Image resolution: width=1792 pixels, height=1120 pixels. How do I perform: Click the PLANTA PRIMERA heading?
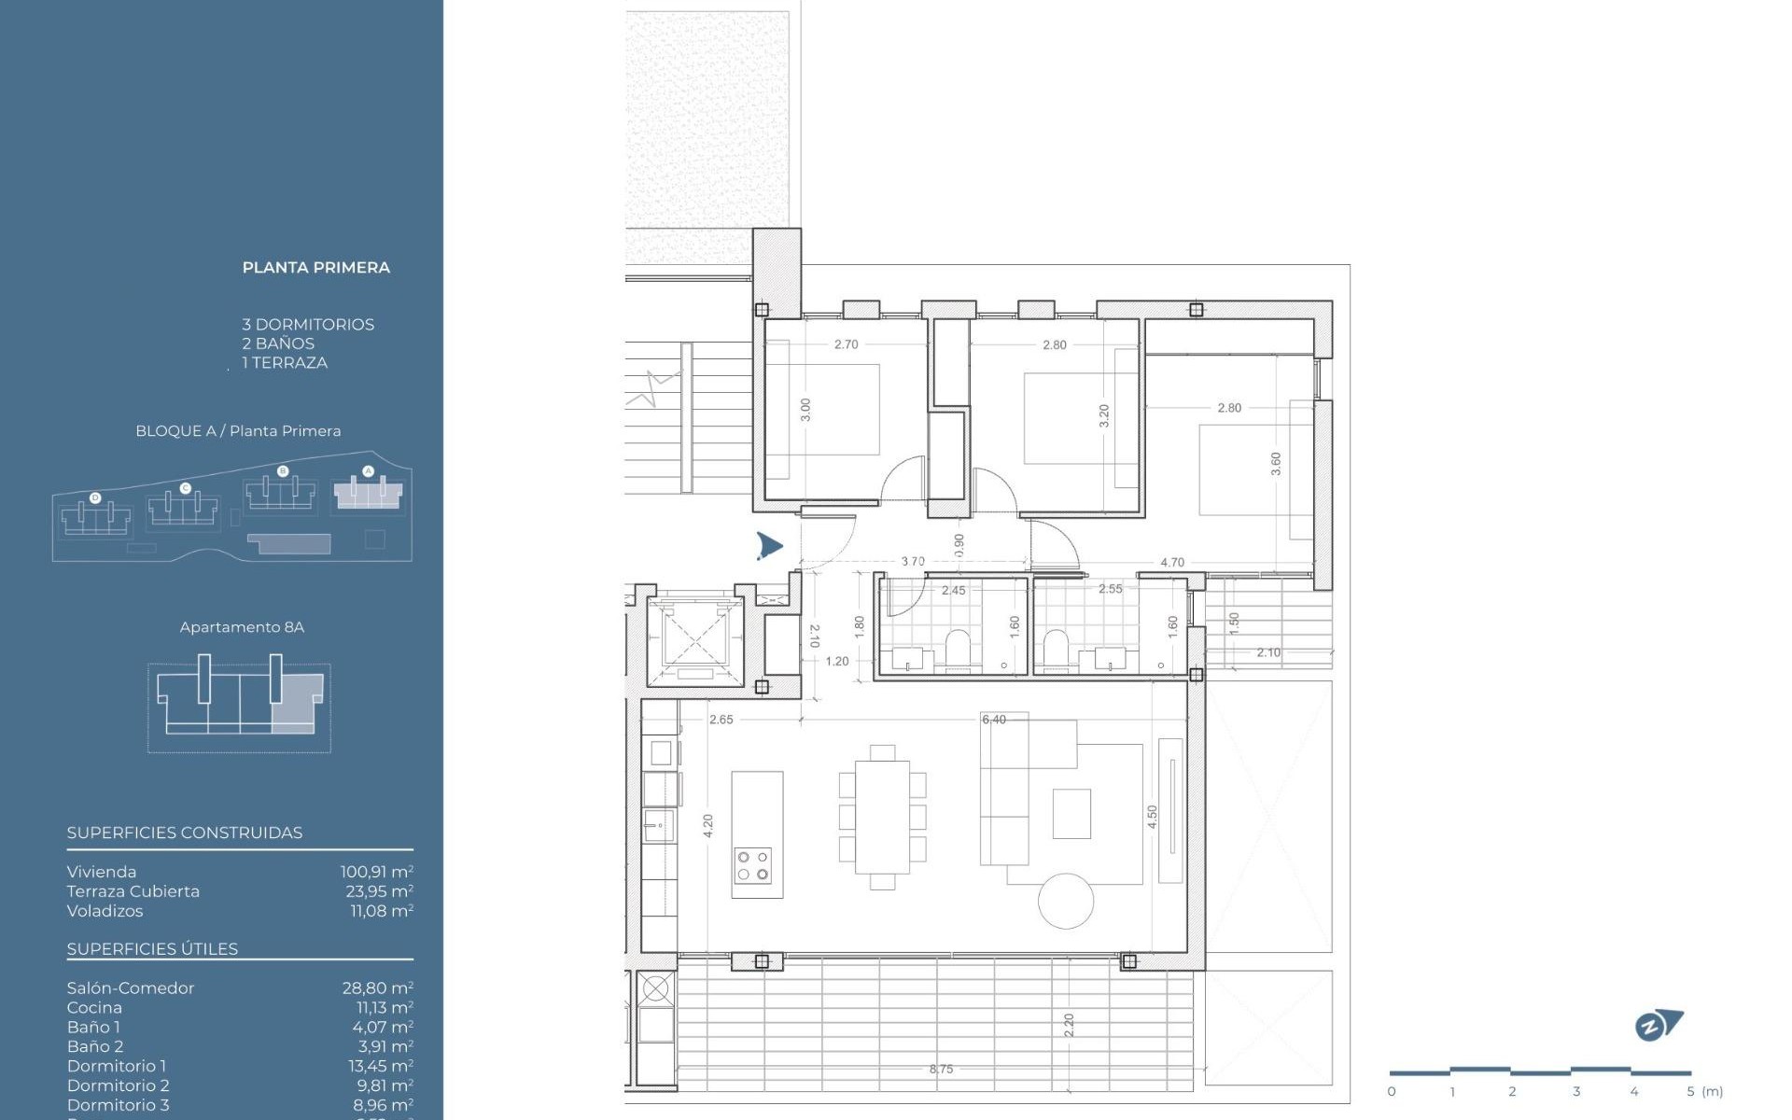click(x=315, y=268)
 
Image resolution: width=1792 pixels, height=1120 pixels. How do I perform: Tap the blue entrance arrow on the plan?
click(x=769, y=546)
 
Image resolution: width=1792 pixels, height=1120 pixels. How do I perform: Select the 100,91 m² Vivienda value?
click(x=376, y=872)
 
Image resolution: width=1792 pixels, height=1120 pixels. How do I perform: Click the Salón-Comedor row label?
click(x=131, y=987)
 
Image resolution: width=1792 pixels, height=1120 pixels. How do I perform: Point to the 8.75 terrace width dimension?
click(x=941, y=1070)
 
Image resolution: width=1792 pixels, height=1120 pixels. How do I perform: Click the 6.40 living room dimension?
click(x=994, y=720)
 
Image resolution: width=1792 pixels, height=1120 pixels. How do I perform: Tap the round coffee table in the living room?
click(x=1066, y=901)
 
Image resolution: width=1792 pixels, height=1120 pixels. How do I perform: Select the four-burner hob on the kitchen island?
click(x=752, y=865)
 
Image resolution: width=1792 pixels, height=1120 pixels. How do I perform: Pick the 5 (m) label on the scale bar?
click(x=1704, y=1091)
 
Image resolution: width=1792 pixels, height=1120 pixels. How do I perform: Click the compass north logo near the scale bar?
click(x=1659, y=1026)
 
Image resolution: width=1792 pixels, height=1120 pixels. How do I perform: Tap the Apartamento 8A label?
click(x=242, y=627)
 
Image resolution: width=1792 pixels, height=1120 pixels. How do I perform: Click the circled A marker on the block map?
click(x=368, y=471)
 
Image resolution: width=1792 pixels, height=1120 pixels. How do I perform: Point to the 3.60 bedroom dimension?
click(x=1275, y=464)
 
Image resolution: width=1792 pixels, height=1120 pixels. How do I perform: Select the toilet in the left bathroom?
click(x=959, y=648)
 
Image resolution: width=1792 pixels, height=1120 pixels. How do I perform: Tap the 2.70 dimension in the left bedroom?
click(x=846, y=344)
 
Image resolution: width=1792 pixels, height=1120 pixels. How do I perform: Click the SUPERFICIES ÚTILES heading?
click(x=152, y=948)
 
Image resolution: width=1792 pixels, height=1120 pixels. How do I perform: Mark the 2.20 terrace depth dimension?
click(x=1069, y=1026)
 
